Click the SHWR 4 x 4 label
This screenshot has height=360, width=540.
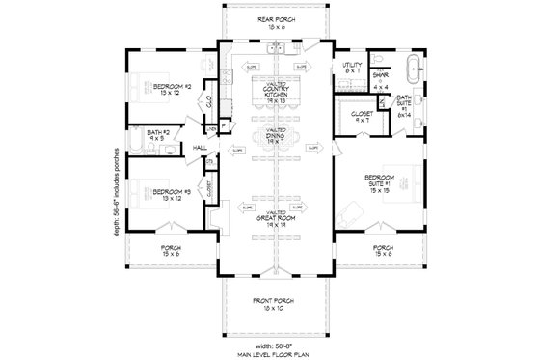(381, 82)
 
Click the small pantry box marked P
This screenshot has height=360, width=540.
(224, 125)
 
